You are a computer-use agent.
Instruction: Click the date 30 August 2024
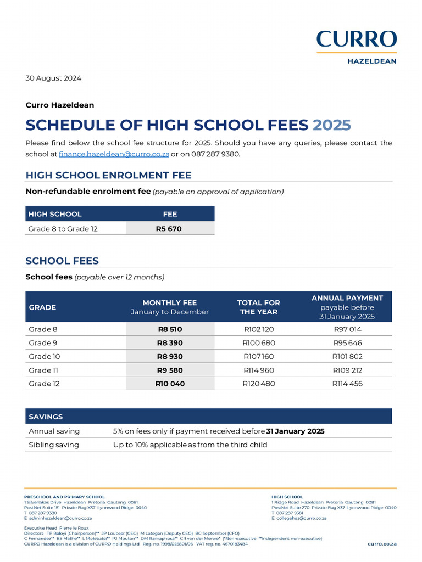53,78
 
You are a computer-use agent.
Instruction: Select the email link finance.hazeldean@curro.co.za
114,154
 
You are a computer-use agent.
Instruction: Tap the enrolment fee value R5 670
170,228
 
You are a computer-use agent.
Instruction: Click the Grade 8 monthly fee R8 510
170,329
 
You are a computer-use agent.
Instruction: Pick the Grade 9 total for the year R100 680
258,343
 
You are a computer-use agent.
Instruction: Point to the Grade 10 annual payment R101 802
347,357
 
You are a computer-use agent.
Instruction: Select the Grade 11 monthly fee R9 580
170,370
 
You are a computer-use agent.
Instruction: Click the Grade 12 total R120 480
258,384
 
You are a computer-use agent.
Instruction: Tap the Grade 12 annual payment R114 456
347,384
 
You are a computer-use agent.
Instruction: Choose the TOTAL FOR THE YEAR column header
258,307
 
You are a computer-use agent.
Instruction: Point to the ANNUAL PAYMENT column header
347,298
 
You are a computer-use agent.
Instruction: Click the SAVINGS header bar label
46,417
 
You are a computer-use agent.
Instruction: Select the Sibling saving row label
54,445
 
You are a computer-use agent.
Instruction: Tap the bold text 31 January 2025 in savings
295,431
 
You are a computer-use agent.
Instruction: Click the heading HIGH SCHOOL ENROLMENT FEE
108,175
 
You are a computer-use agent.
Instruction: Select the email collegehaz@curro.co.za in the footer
301,518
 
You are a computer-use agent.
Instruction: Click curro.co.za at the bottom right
382,543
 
